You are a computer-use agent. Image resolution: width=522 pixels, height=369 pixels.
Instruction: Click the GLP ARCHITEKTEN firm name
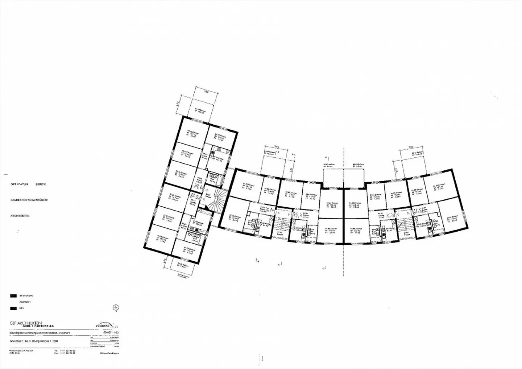tap(26, 323)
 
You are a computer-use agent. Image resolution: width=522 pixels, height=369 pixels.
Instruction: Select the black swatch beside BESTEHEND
tap(13, 296)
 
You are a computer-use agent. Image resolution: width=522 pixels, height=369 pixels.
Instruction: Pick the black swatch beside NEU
tap(13, 308)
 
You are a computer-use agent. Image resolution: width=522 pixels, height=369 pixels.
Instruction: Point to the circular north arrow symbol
tap(116, 308)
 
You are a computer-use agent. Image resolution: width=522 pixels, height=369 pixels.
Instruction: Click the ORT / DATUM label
tap(20, 184)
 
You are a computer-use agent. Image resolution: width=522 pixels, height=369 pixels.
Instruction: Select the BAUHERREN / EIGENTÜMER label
tap(29, 200)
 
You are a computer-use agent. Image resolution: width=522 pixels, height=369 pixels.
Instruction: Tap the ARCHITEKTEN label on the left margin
tap(20, 216)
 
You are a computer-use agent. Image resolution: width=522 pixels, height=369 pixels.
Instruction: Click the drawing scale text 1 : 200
tap(52, 341)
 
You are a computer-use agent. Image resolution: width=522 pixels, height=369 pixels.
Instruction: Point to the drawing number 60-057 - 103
tap(111, 332)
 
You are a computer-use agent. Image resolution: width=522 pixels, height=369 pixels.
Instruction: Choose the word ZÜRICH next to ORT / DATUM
tap(41, 184)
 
